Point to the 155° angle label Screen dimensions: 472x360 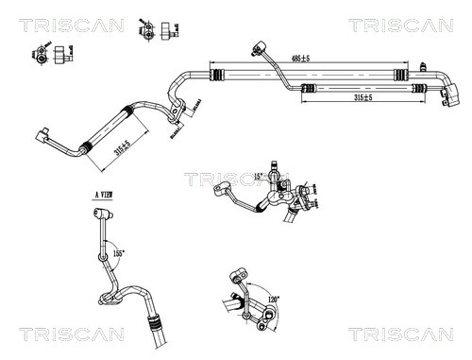coord(119,253)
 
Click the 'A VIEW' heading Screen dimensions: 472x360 coord(106,194)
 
